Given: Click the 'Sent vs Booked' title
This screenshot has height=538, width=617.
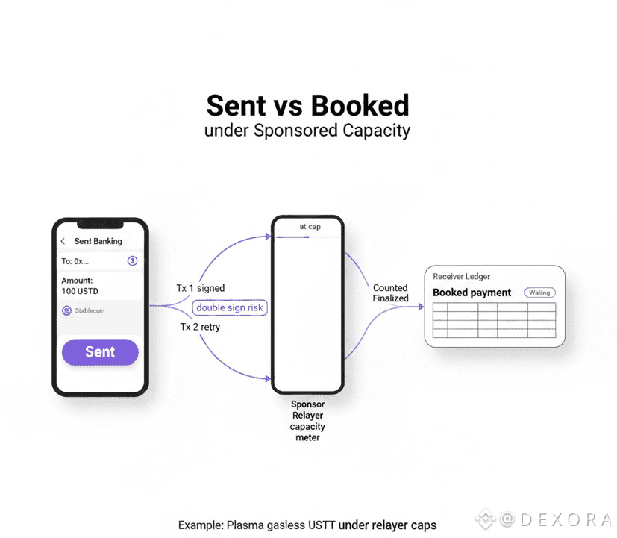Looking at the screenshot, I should click(x=307, y=105).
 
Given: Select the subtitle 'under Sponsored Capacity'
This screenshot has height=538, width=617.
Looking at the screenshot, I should click(x=307, y=131).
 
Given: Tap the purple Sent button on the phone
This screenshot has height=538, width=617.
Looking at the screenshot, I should click(x=100, y=352).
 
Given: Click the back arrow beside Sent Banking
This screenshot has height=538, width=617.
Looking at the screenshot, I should click(x=63, y=241).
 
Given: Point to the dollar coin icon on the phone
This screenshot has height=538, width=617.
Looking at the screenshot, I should click(x=132, y=260).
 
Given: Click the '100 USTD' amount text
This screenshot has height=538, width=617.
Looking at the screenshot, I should click(x=80, y=291).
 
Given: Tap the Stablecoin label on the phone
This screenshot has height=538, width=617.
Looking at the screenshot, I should click(x=90, y=310).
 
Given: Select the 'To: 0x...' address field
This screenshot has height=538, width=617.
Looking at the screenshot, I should click(x=75, y=261).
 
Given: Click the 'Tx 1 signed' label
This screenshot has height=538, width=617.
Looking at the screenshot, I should click(x=200, y=288).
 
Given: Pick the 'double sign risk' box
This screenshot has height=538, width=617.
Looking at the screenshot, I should click(x=230, y=307).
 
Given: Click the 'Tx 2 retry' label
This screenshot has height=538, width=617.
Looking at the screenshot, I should click(x=199, y=327).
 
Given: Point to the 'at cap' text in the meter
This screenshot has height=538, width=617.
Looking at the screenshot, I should click(x=310, y=227).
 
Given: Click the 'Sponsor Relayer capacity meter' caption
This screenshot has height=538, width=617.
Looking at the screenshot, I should click(x=307, y=421).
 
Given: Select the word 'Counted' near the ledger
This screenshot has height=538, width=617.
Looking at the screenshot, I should click(x=390, y=287).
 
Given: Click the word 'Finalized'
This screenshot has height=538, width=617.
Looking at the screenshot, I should click(x=391, y=298).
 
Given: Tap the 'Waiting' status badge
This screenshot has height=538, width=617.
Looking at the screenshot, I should click(x=539, y=293).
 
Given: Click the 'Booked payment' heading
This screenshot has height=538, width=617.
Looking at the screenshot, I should click(x=472, y=293).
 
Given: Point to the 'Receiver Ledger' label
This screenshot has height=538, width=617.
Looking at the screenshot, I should click(x=462, y=277).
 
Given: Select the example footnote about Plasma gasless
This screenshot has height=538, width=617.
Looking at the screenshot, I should click(x=307, y=525).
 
